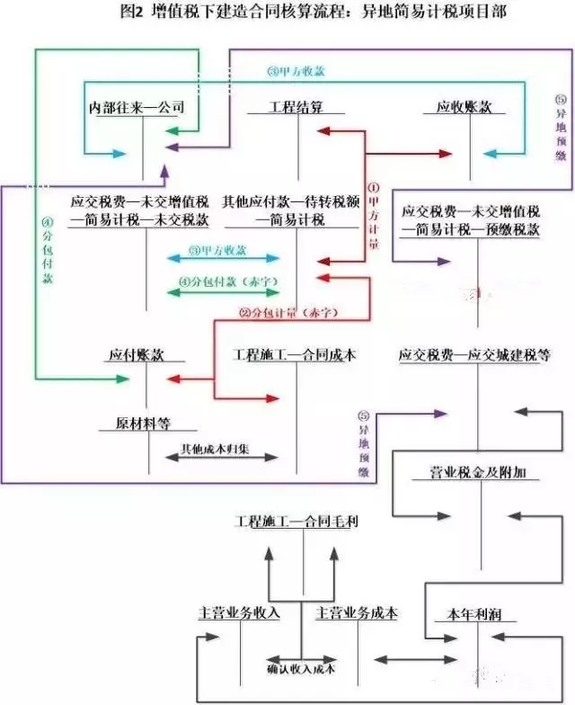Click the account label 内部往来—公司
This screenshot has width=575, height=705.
pos(137,108)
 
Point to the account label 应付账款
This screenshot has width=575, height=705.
pos(141,355)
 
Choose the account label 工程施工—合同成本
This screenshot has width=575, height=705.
pos(295,355)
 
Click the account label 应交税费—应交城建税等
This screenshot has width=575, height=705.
pos(475,355)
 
